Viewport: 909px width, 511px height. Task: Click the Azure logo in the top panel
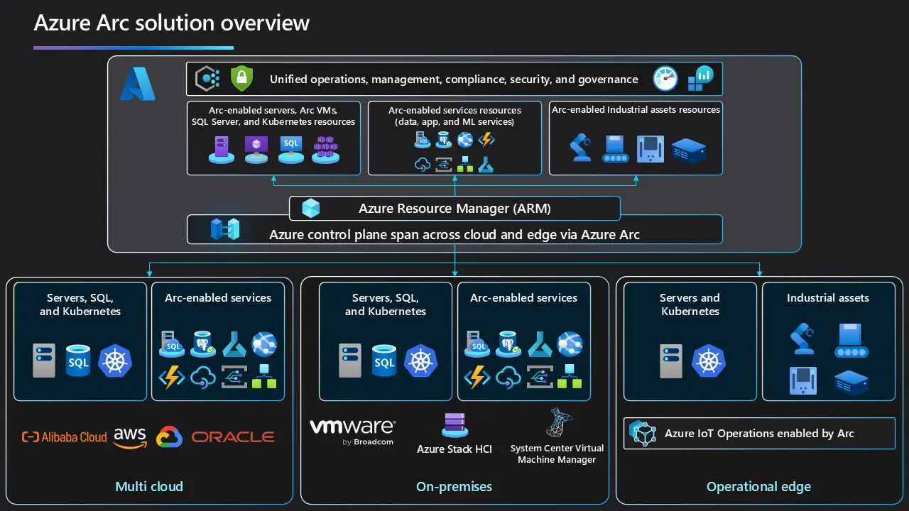[x=137, y=84]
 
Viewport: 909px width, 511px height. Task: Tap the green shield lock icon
[x=241, y=79]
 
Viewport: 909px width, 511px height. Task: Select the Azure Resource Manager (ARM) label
[x=454, y=209]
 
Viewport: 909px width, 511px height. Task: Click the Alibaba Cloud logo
[x=65, y=437]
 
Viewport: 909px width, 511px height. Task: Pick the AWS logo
[x=130, y=436]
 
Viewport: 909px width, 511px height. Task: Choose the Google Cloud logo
[x=170, y=437]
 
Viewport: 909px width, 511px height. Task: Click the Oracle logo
[x=233, y=437]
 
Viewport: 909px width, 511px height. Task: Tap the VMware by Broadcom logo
[x=352, y=431]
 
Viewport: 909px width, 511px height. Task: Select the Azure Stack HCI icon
[x=454, y=424]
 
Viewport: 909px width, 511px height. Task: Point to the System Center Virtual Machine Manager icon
[x=556, y=423]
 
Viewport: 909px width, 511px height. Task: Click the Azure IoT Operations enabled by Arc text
[x=758, y=434]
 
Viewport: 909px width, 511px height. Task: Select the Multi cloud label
[x=149, y=487]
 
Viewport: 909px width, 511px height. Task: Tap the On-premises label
[x=454, y=487]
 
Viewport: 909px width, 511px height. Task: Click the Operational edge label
[x=758, y=487]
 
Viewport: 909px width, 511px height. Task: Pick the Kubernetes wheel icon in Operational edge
[x=708, y=361]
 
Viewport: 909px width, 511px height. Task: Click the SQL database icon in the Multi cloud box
[x=78, y=361]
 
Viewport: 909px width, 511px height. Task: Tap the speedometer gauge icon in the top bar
[x=665, y=79]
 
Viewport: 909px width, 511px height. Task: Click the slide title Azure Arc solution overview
[x=172, y=23]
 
